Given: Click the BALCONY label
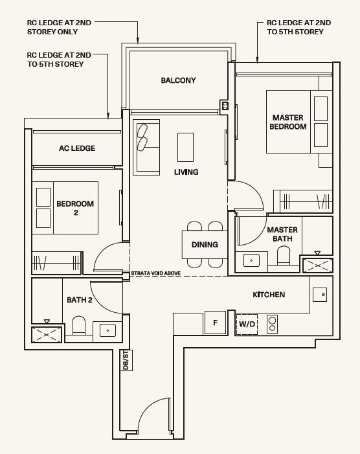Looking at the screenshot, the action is (x=178, y=80).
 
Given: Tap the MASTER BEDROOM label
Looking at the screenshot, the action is (x=288, y=122).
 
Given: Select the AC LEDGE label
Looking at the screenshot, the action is (x=77, y=148).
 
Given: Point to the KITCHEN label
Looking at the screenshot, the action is (x=269, y=295).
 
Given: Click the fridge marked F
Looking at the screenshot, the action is (x=216, y=323).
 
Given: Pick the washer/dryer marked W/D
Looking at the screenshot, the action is (x=247, y=324).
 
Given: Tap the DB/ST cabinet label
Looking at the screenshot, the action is (x=126, y=360).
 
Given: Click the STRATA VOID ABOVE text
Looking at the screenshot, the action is (x=155, y=273).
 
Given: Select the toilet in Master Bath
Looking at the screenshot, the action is (x=284, y=255).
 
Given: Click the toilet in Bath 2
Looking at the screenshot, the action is (x=79, y=325).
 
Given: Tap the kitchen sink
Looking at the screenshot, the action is (x=320, y=295).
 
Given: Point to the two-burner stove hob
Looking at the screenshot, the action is (x=272, y=324).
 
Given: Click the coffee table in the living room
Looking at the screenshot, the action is (x=185, y=147).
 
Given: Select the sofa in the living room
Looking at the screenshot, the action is (x=146, y=148).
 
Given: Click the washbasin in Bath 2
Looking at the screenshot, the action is (x=107, y=330).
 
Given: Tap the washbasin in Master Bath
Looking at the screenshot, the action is (x=251, y=260).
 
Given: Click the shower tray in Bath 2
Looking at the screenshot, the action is (x=47, y=335).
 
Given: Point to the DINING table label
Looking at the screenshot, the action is (x=205, y=245).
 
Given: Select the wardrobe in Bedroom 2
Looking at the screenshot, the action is (x=56, y=262).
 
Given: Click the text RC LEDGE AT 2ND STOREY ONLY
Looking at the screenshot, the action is (x=59, y=27).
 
